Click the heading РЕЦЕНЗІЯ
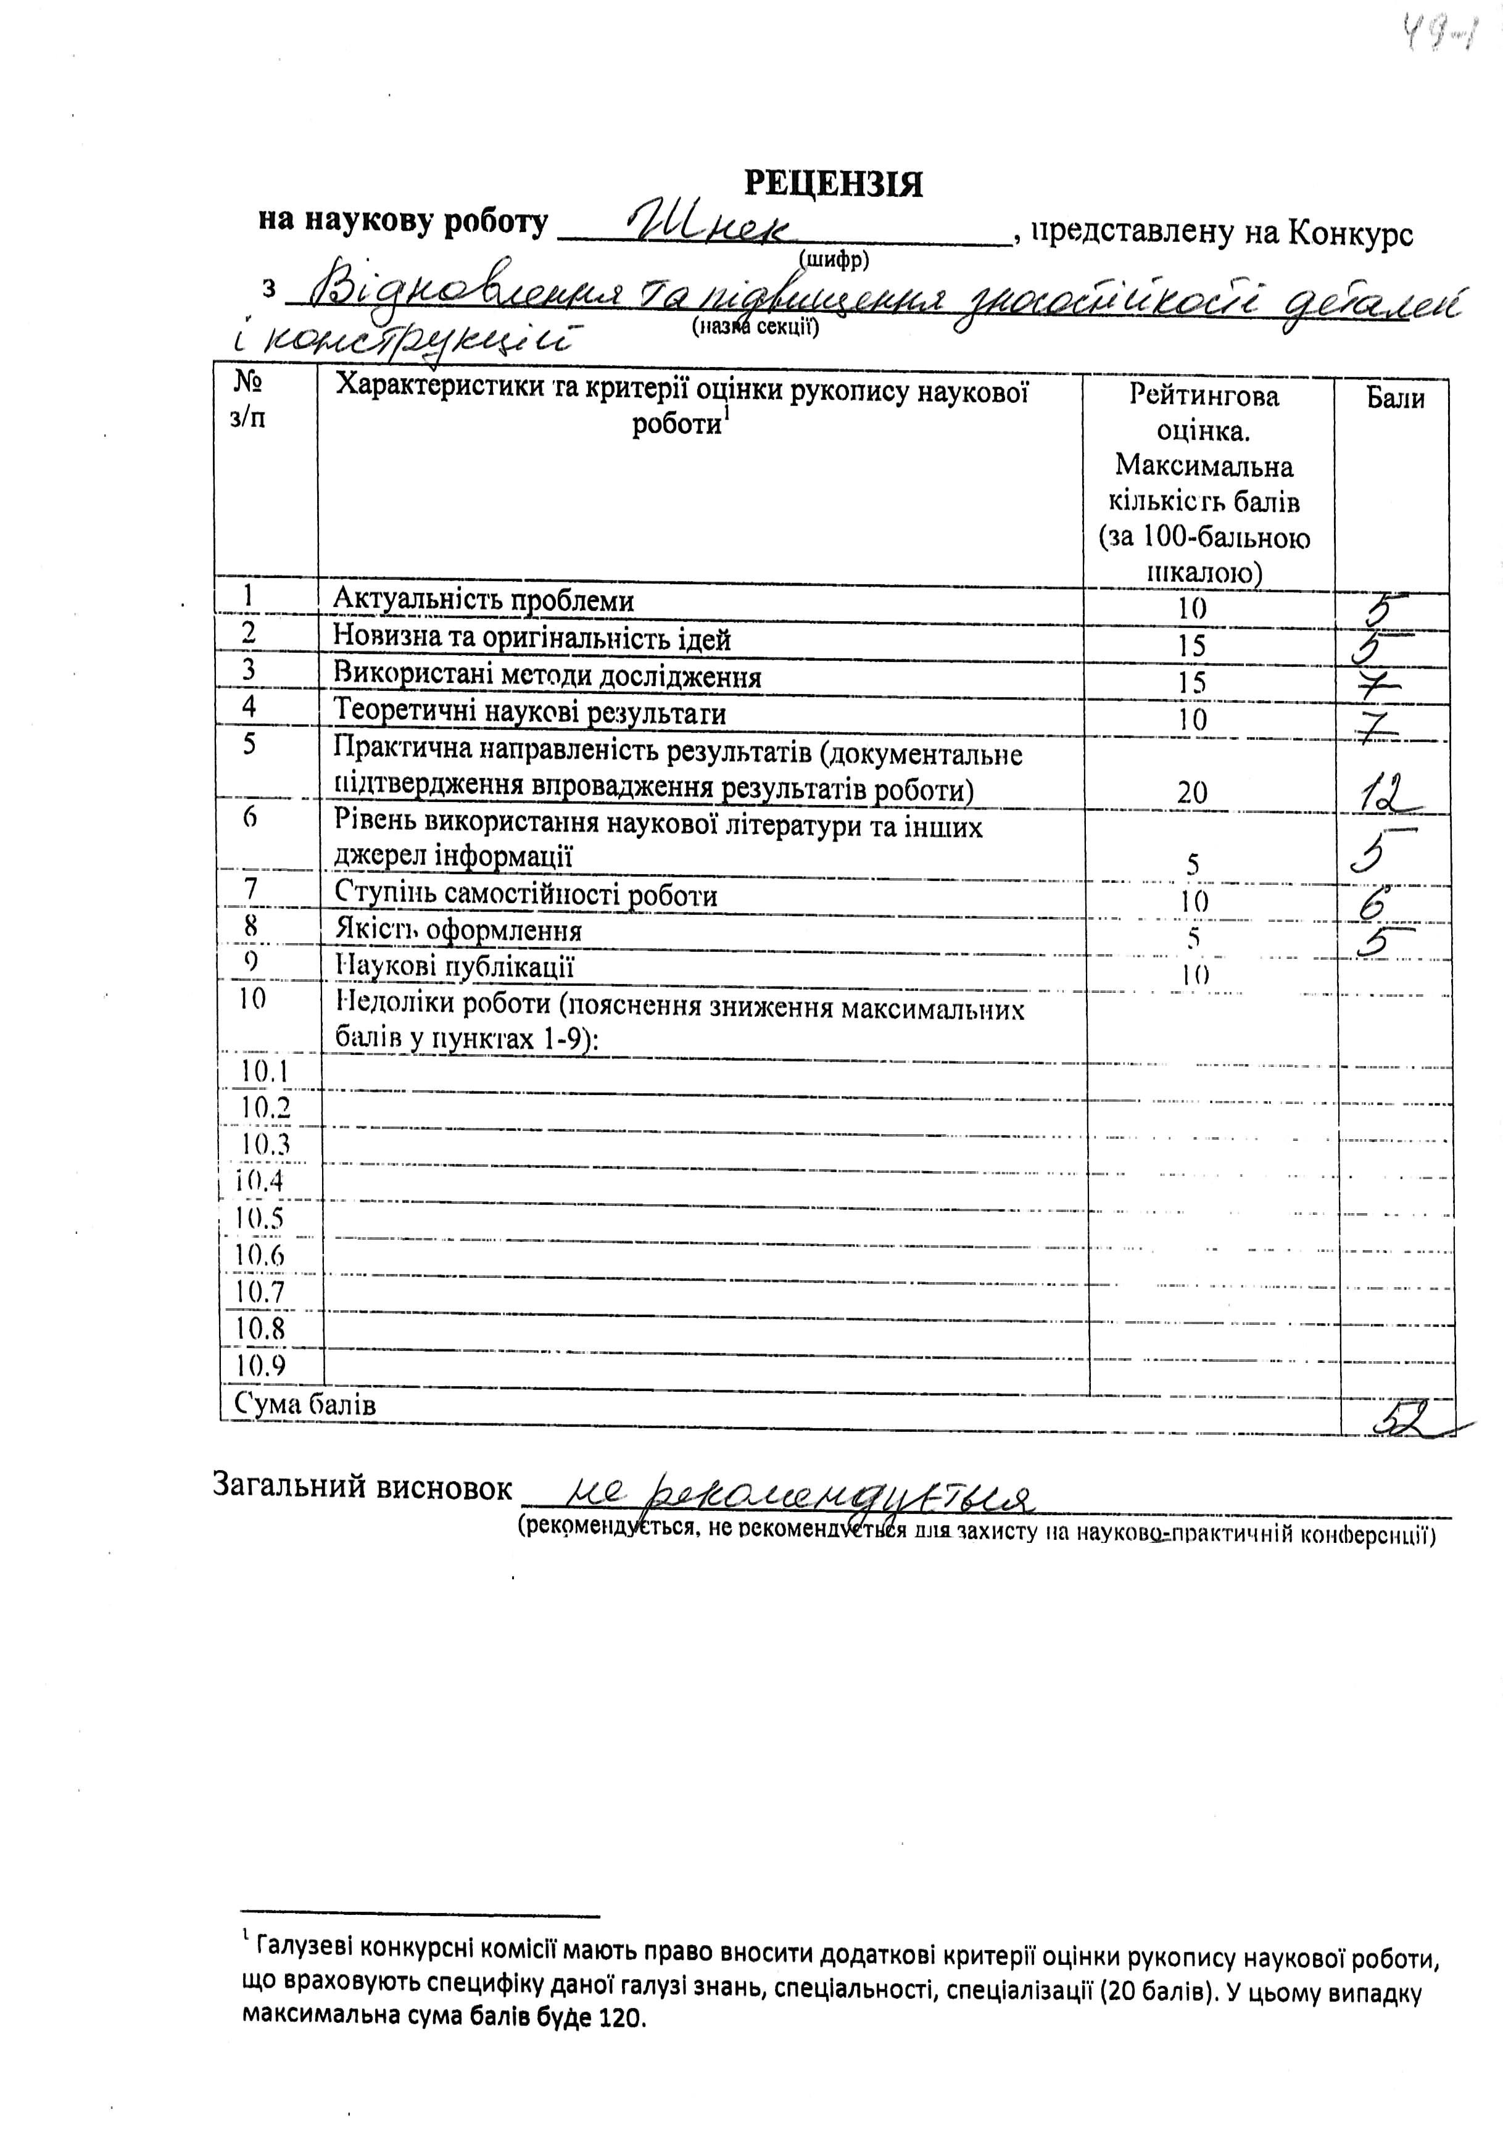[x=833, y=183]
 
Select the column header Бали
[x=1394, y=399]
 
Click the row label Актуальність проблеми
[x=483, y=600]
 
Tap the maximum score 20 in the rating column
[x=1191, y=793]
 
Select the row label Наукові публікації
[x=454, y=966]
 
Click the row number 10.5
[x=260, y=1217]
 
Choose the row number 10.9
[x=260, y=1365]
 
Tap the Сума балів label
[x=306, y=1405]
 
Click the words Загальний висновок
[x=363, y=1488]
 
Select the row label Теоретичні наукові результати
[x=529, y=714]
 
